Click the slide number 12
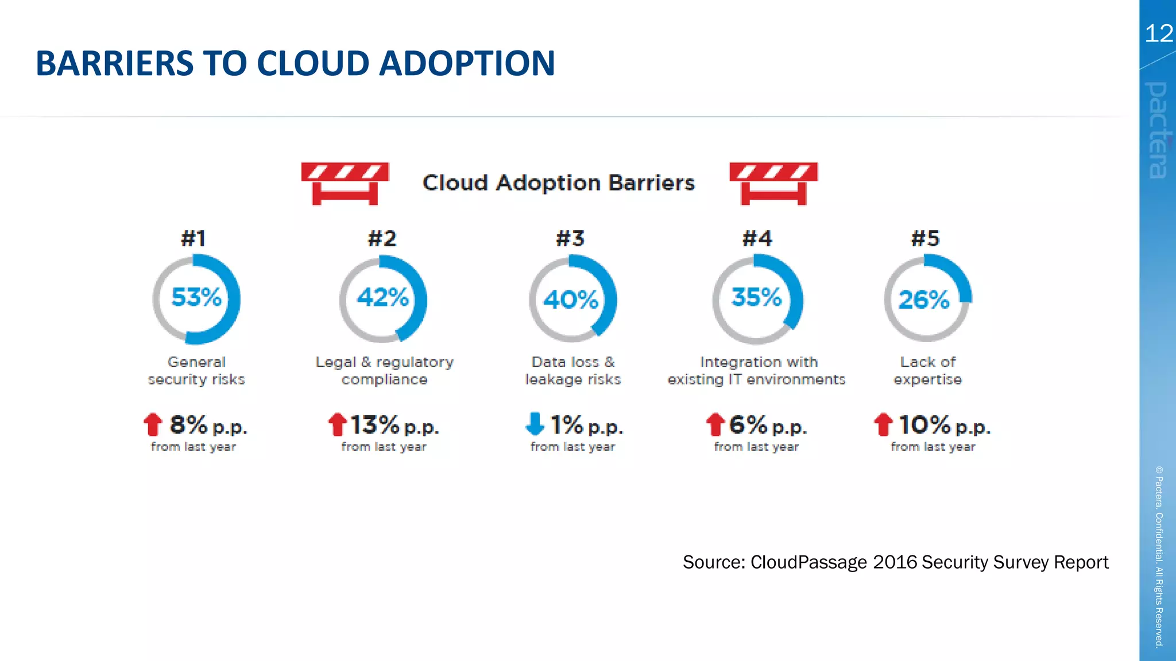[1158, 33]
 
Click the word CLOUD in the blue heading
[314, 63]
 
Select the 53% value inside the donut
[196, 297]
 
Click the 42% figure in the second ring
[383, 297]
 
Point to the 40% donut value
[571, 300]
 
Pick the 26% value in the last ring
[924, 300]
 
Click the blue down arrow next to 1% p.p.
[535, 423]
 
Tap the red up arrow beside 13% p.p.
[338, 425]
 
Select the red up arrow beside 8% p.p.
[153, 425]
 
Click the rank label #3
[570, 238]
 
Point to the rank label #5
[925, 238]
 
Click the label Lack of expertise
[927, 371]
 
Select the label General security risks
[196, 371]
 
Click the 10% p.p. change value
[944, 425]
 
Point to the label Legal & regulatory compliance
[384, 371]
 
